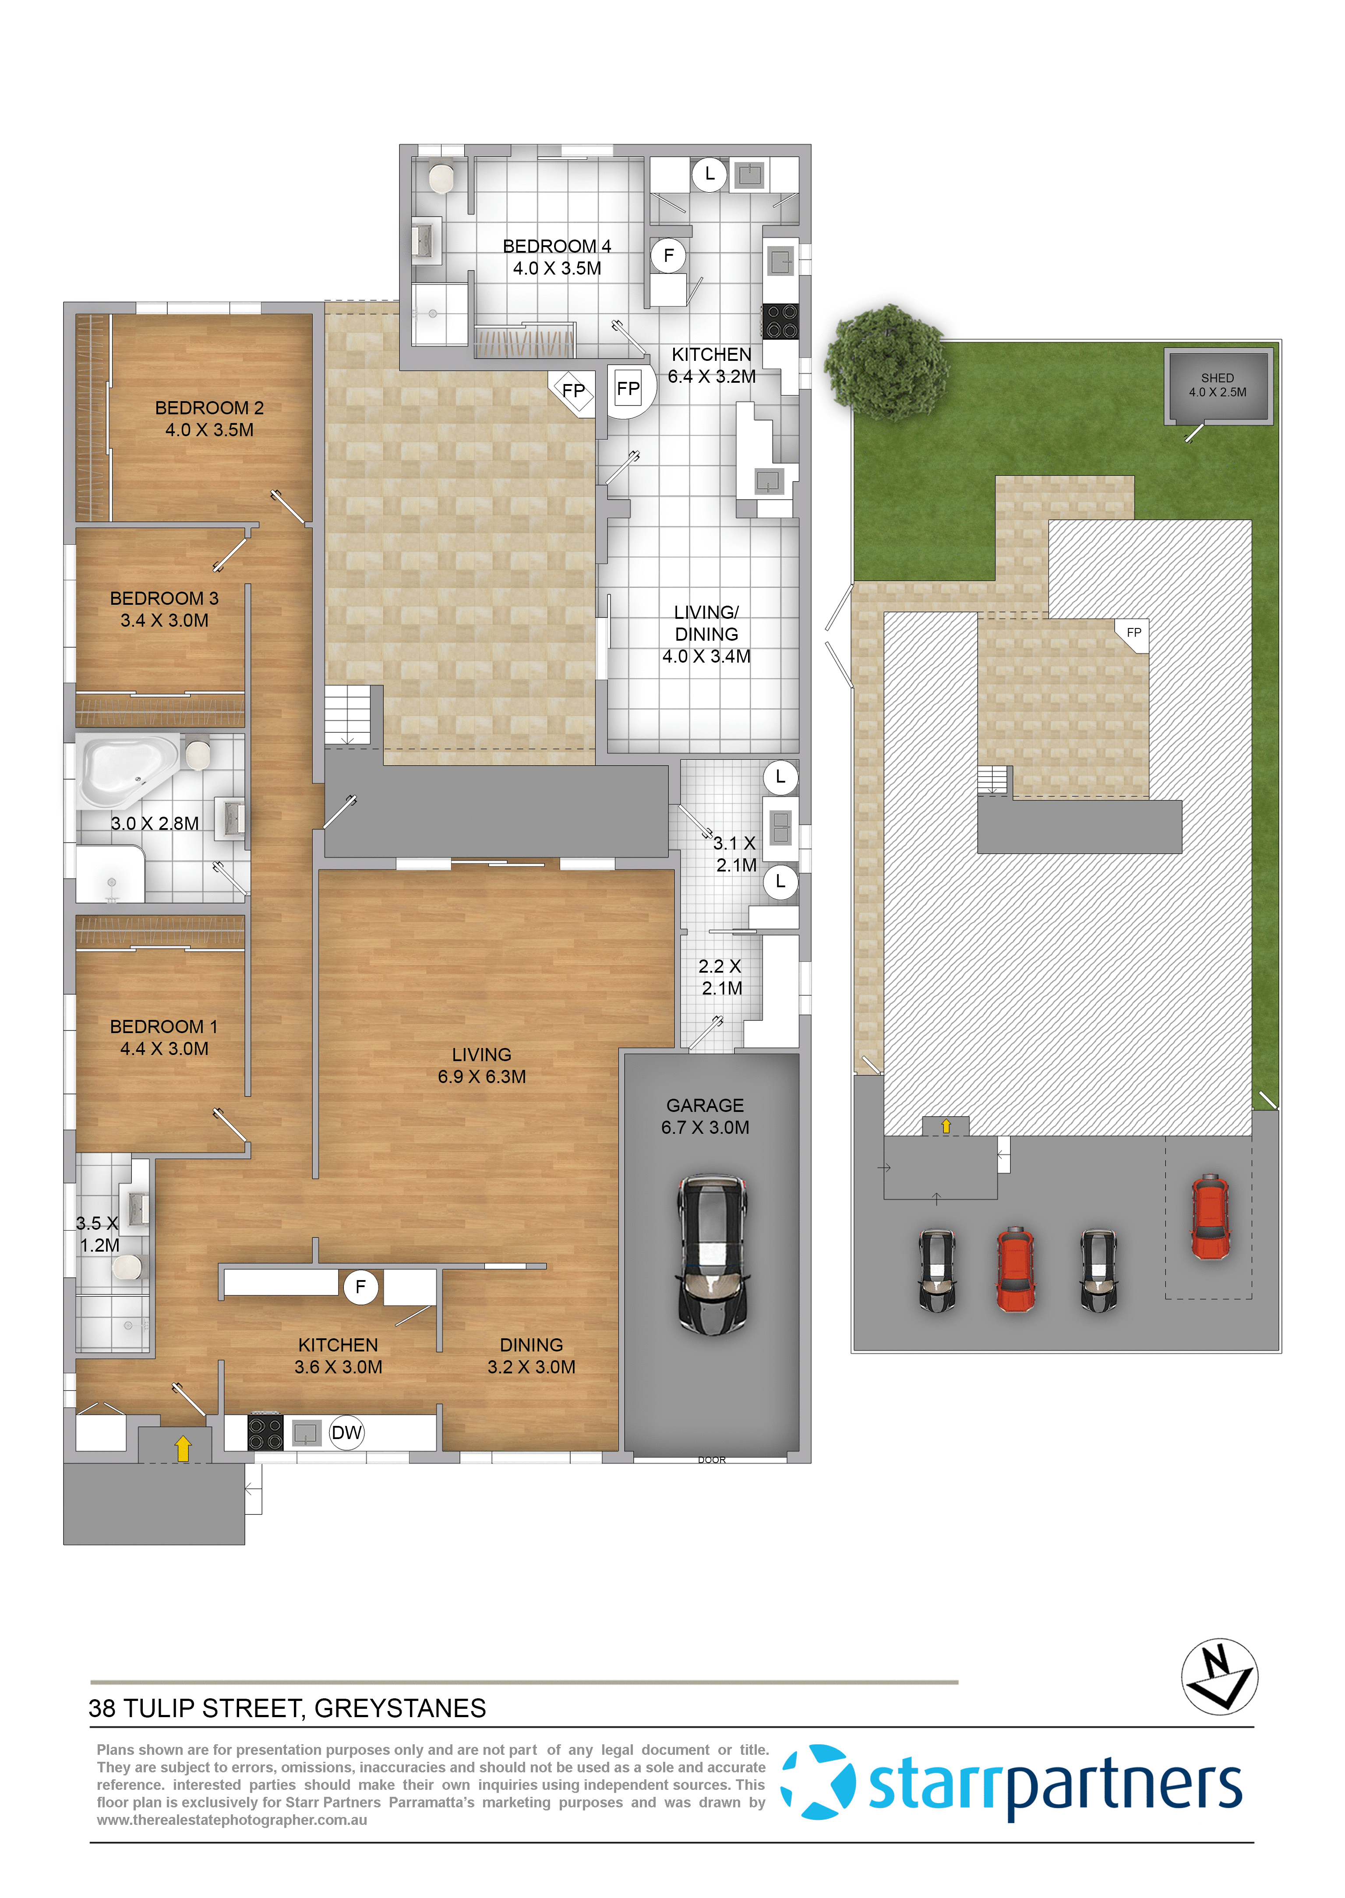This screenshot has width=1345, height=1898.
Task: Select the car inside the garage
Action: point(712,1253)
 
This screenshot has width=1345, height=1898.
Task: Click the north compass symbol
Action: point(1219,1676)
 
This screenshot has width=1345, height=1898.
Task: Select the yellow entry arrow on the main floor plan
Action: point(183,1447)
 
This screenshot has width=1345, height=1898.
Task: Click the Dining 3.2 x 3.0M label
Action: point(531,1355)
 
